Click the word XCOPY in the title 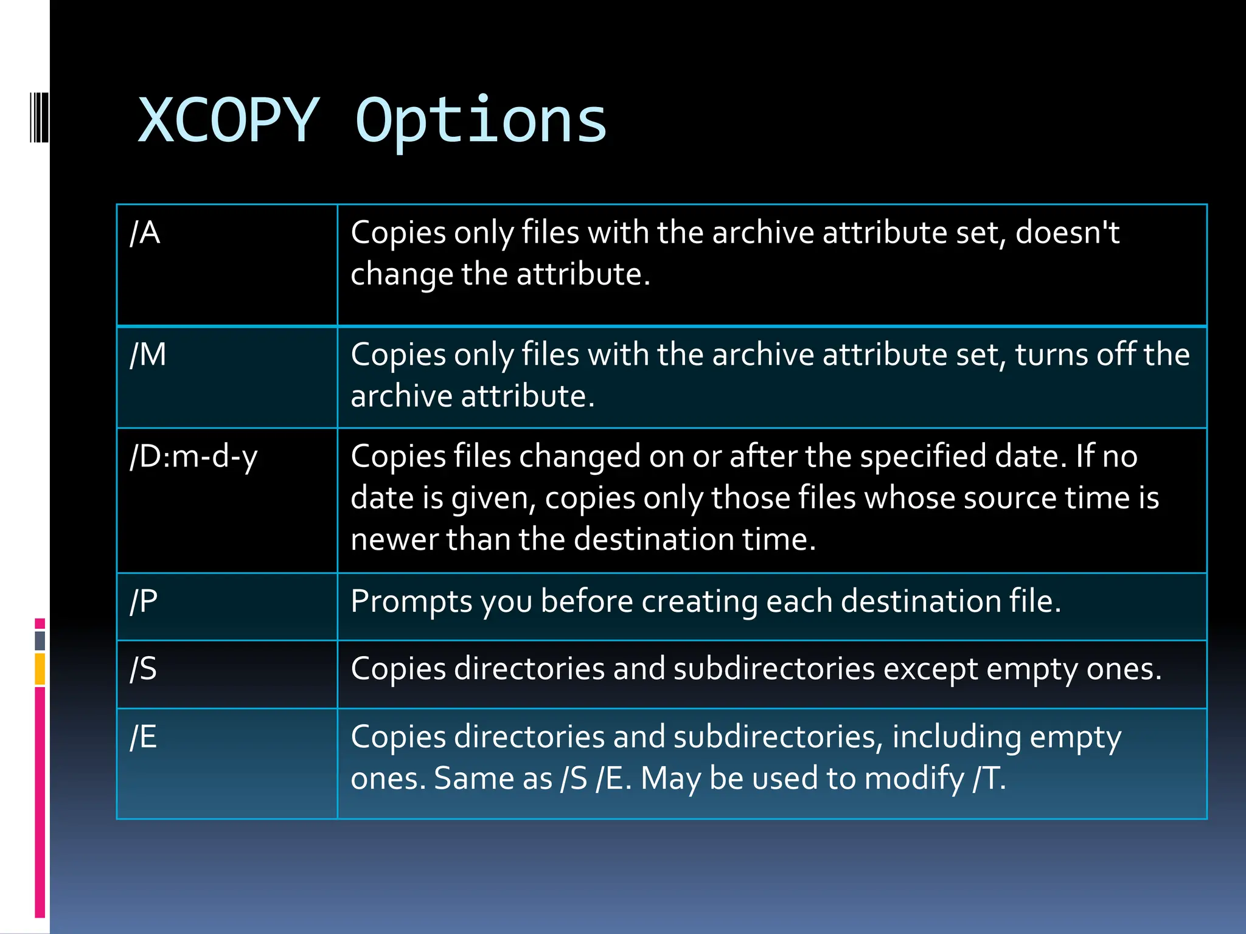coord(229,120)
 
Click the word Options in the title coord(481,122)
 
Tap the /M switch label coord(148,355)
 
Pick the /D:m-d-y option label coord(193,457)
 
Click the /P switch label coord(144,601)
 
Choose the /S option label coord(144,669)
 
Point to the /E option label coord(144,737)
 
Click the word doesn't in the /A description coord(1067,233)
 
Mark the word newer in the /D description coord(394,539)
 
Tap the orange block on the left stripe coord(40,669)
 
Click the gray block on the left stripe coord(40,640)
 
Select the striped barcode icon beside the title coord(39,117)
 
